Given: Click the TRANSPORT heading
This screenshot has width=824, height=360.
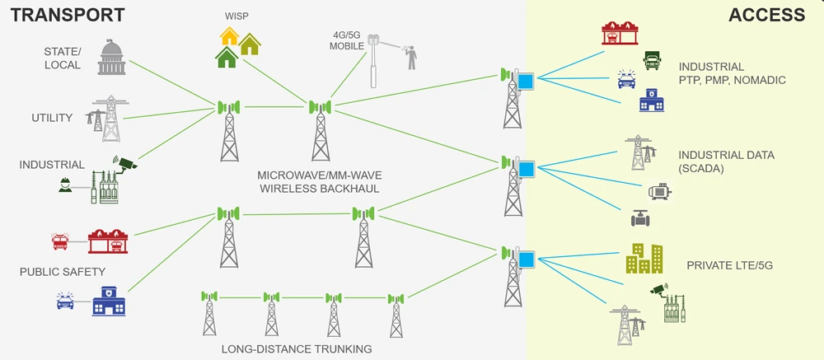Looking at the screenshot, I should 68,15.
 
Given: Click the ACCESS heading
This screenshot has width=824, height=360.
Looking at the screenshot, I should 766,15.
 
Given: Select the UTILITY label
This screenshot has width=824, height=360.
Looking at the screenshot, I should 52,119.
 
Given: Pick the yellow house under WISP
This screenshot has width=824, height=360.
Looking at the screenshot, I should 230,35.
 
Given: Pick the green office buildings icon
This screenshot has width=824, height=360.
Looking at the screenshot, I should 644,259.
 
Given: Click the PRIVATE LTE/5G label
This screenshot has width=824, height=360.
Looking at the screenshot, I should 730,266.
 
